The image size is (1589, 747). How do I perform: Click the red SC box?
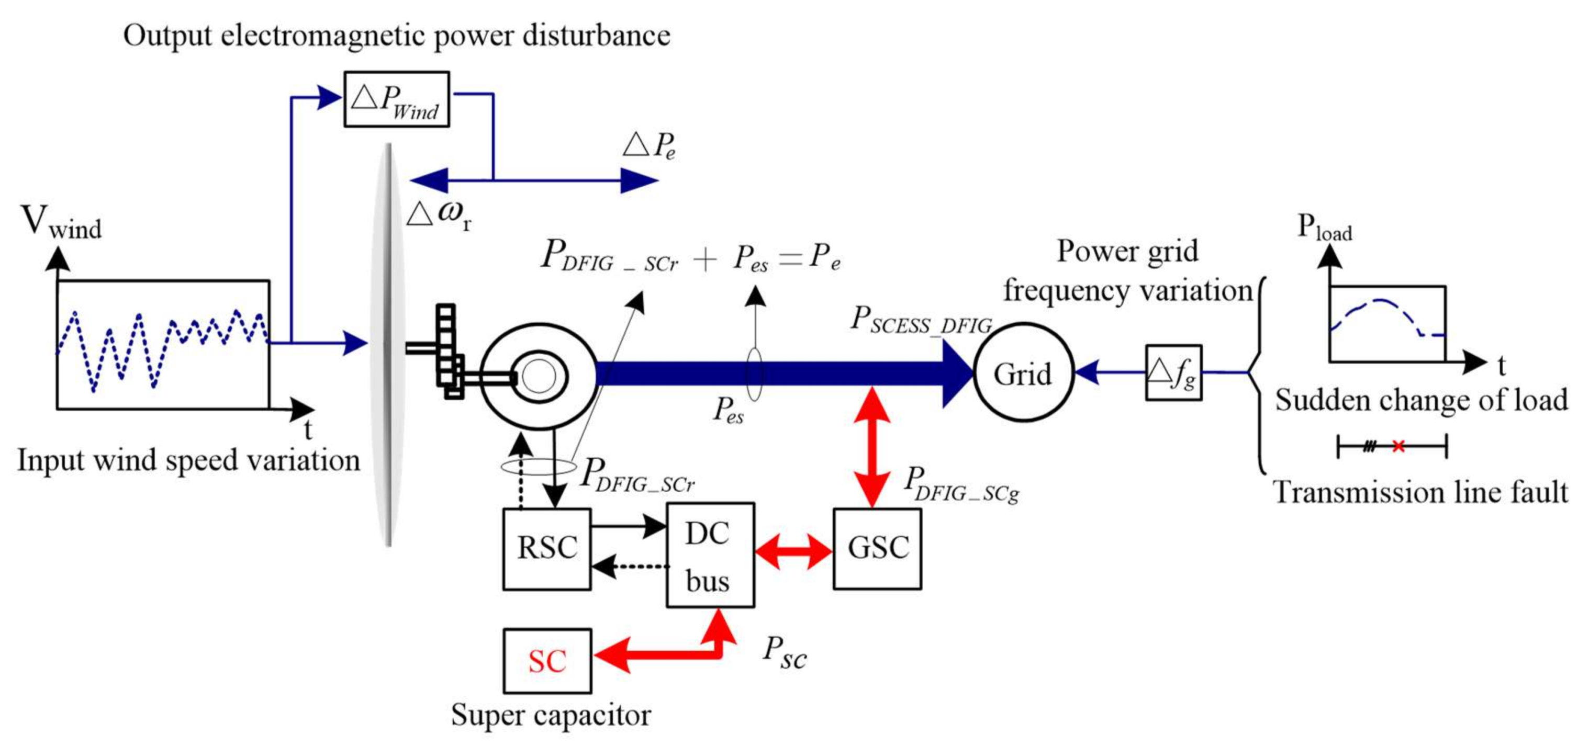pos(547,661)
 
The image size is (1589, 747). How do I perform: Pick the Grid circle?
pos(1023,373)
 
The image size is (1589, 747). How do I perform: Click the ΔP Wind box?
pos(396,99)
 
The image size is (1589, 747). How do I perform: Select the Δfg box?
pos(1173,373)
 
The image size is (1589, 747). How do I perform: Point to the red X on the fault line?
pos(1398,446)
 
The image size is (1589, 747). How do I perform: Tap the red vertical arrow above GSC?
pos(872,447)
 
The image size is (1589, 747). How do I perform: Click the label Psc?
pos(784,653)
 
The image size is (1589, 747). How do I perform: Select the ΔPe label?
pos(649,145)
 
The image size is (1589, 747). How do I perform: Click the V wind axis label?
pos(61,222)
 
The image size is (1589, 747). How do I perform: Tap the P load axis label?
pos(1324,228)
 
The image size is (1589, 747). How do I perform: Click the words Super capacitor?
pos(550,716)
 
